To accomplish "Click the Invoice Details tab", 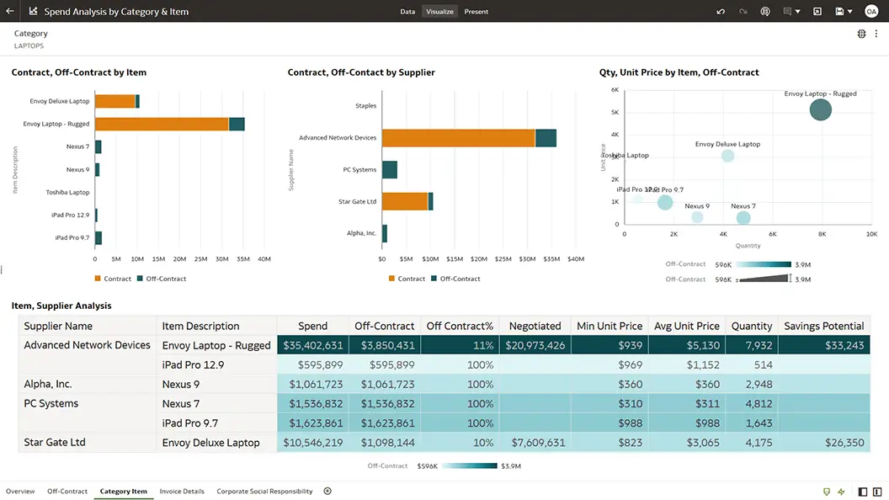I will click(182, 491).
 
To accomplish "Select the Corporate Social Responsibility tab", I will click(264, 491).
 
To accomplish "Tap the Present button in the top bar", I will click(476, 12).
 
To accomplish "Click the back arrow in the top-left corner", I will click(10, 12).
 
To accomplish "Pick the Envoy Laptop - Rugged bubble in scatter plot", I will click(821, 109).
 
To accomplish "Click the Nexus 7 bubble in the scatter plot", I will click(743, 218).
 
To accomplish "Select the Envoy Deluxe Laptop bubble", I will click(728, 156).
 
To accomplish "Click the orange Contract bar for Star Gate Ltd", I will click(405, 201).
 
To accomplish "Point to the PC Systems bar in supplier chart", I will click(390, 169).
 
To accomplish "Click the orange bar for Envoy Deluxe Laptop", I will click(114, 101).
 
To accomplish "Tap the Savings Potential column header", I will click(823, 326).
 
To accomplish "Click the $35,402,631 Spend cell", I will click(312, 345).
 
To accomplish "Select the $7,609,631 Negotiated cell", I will click(535, 443).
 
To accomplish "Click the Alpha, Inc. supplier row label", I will click(48, 384).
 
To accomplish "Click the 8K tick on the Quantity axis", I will click(822, 234).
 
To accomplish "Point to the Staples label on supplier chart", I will click(365, 106).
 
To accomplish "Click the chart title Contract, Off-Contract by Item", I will click(79, 72).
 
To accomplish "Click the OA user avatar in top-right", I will click(871, 12).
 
